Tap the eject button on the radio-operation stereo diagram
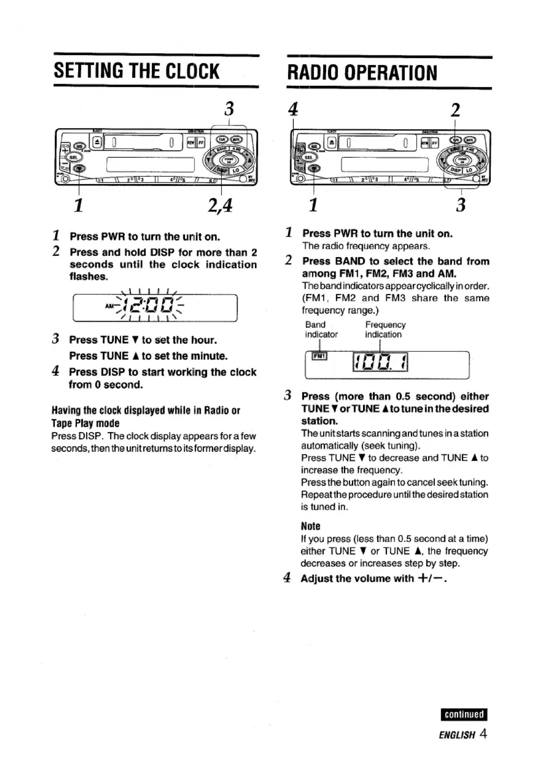coord(332,143)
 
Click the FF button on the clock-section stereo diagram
coord(201,143)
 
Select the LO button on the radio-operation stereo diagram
coord(469,170)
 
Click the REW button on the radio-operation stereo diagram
coord(424,143)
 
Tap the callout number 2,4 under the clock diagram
coord(220,205)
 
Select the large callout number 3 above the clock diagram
coord(229,109)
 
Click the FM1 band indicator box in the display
coord(320,356)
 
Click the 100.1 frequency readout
coord(380,362)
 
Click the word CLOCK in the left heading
coord(192,71)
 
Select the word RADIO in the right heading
coord(313,73)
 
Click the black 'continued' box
coord(464,714)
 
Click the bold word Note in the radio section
coord(310,526)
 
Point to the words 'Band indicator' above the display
coord(321,329)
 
